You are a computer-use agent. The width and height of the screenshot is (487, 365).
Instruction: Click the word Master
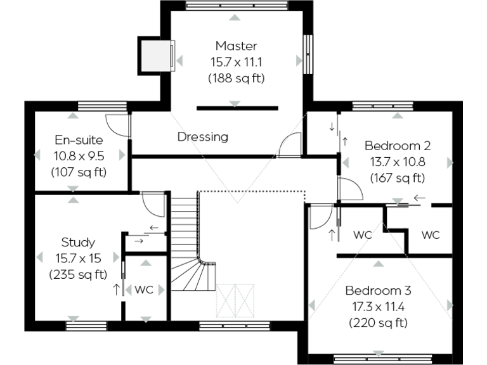(x=236, y=46)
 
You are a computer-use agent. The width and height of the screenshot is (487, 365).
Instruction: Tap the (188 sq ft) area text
(x=236, y=79)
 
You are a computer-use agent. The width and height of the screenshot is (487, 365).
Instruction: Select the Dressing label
(x=202, y=137)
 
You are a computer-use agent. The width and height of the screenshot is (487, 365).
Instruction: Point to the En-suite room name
(x=79, y=139)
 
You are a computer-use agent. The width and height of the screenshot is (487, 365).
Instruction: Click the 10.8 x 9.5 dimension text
(x=79, y=155)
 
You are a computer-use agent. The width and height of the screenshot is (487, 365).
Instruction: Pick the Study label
(x=78, y=242)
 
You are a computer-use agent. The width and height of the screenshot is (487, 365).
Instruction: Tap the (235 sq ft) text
(x=78, y=275)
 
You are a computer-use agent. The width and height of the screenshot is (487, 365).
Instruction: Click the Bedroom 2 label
(x=397, y=145)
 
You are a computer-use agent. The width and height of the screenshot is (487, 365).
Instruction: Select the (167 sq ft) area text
(x=397, y=178)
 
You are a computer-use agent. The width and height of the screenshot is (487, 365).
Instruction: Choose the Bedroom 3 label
(x=378, y=291)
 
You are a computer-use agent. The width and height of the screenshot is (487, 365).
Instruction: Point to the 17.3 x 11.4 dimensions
(x=378, y=307)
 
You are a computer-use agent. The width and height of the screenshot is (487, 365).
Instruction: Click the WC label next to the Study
(x=144, y=290)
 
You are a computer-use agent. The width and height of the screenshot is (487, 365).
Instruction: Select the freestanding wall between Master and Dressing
(x=237, y=108)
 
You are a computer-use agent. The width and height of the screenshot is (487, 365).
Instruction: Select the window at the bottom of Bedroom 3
(x=379, y=357)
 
